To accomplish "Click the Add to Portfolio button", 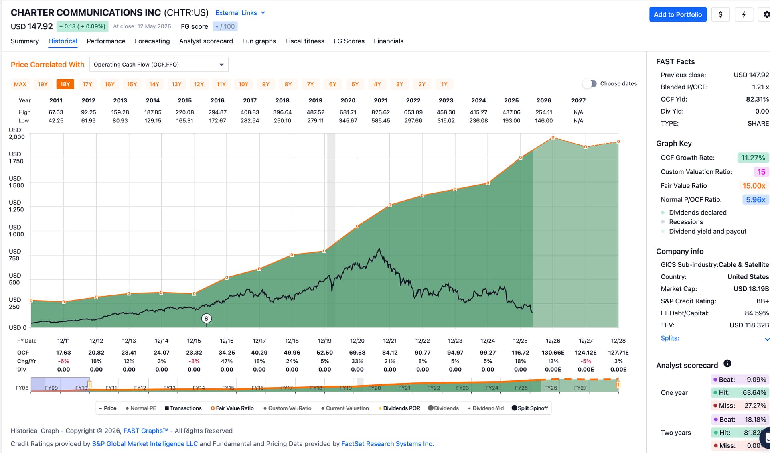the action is [x=678, y=14].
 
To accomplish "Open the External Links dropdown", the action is [x=240, y=13].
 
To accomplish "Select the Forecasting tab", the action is [x=152, y=41].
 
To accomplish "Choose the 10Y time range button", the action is [x=243, y=84].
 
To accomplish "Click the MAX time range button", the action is [x=20, y=84].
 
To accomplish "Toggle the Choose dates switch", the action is [x=590, y=83].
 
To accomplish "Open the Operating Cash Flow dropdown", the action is [x=159, y=65].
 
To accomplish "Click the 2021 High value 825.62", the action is [x=381, y=112].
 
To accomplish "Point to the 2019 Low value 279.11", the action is [x=315, y=121].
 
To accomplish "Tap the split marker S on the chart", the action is [x=206, y=319].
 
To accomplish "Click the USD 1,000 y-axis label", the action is [x=16, y=231].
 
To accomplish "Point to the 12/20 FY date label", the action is [x=357, y=341].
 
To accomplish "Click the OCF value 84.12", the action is [x=390, y=353].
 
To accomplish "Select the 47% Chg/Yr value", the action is [x=227, y=361].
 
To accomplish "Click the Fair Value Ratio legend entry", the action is [x=232, y=408].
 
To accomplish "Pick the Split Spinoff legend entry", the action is [x=530, y=408].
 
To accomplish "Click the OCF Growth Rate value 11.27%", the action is [x=753, y=158].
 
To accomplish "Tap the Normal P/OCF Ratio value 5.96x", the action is [x=755, y=200].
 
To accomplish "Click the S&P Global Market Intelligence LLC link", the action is [x=145, y=444].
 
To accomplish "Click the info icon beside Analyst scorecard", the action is [x=727, y=364].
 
